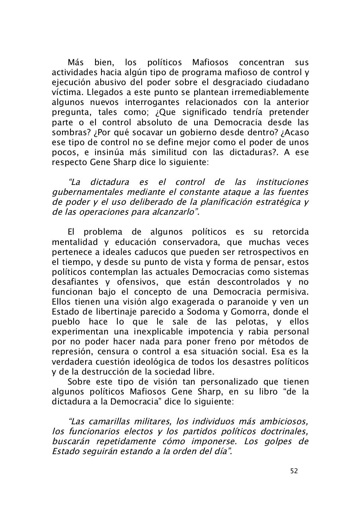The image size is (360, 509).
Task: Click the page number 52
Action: click(x=294, y=471)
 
